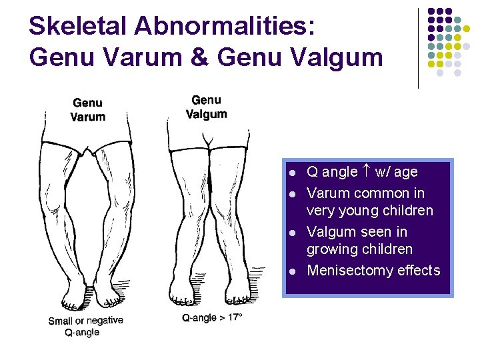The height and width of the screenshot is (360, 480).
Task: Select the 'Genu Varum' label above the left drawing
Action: (x=88, y=110)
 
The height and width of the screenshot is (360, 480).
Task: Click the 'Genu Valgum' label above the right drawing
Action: (x=206, y=107)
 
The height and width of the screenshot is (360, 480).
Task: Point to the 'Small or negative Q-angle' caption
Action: (x=85, y=326)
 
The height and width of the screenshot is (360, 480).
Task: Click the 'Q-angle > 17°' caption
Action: (x=212, y=318)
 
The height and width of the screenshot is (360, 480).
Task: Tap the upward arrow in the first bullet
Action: (x=366, y=171)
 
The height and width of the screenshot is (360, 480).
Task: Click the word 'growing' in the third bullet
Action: (x=329, y=249)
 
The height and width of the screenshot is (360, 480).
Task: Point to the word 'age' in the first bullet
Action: (x=405, y=171)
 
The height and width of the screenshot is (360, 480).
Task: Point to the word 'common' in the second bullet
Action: (x=380, y=193)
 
